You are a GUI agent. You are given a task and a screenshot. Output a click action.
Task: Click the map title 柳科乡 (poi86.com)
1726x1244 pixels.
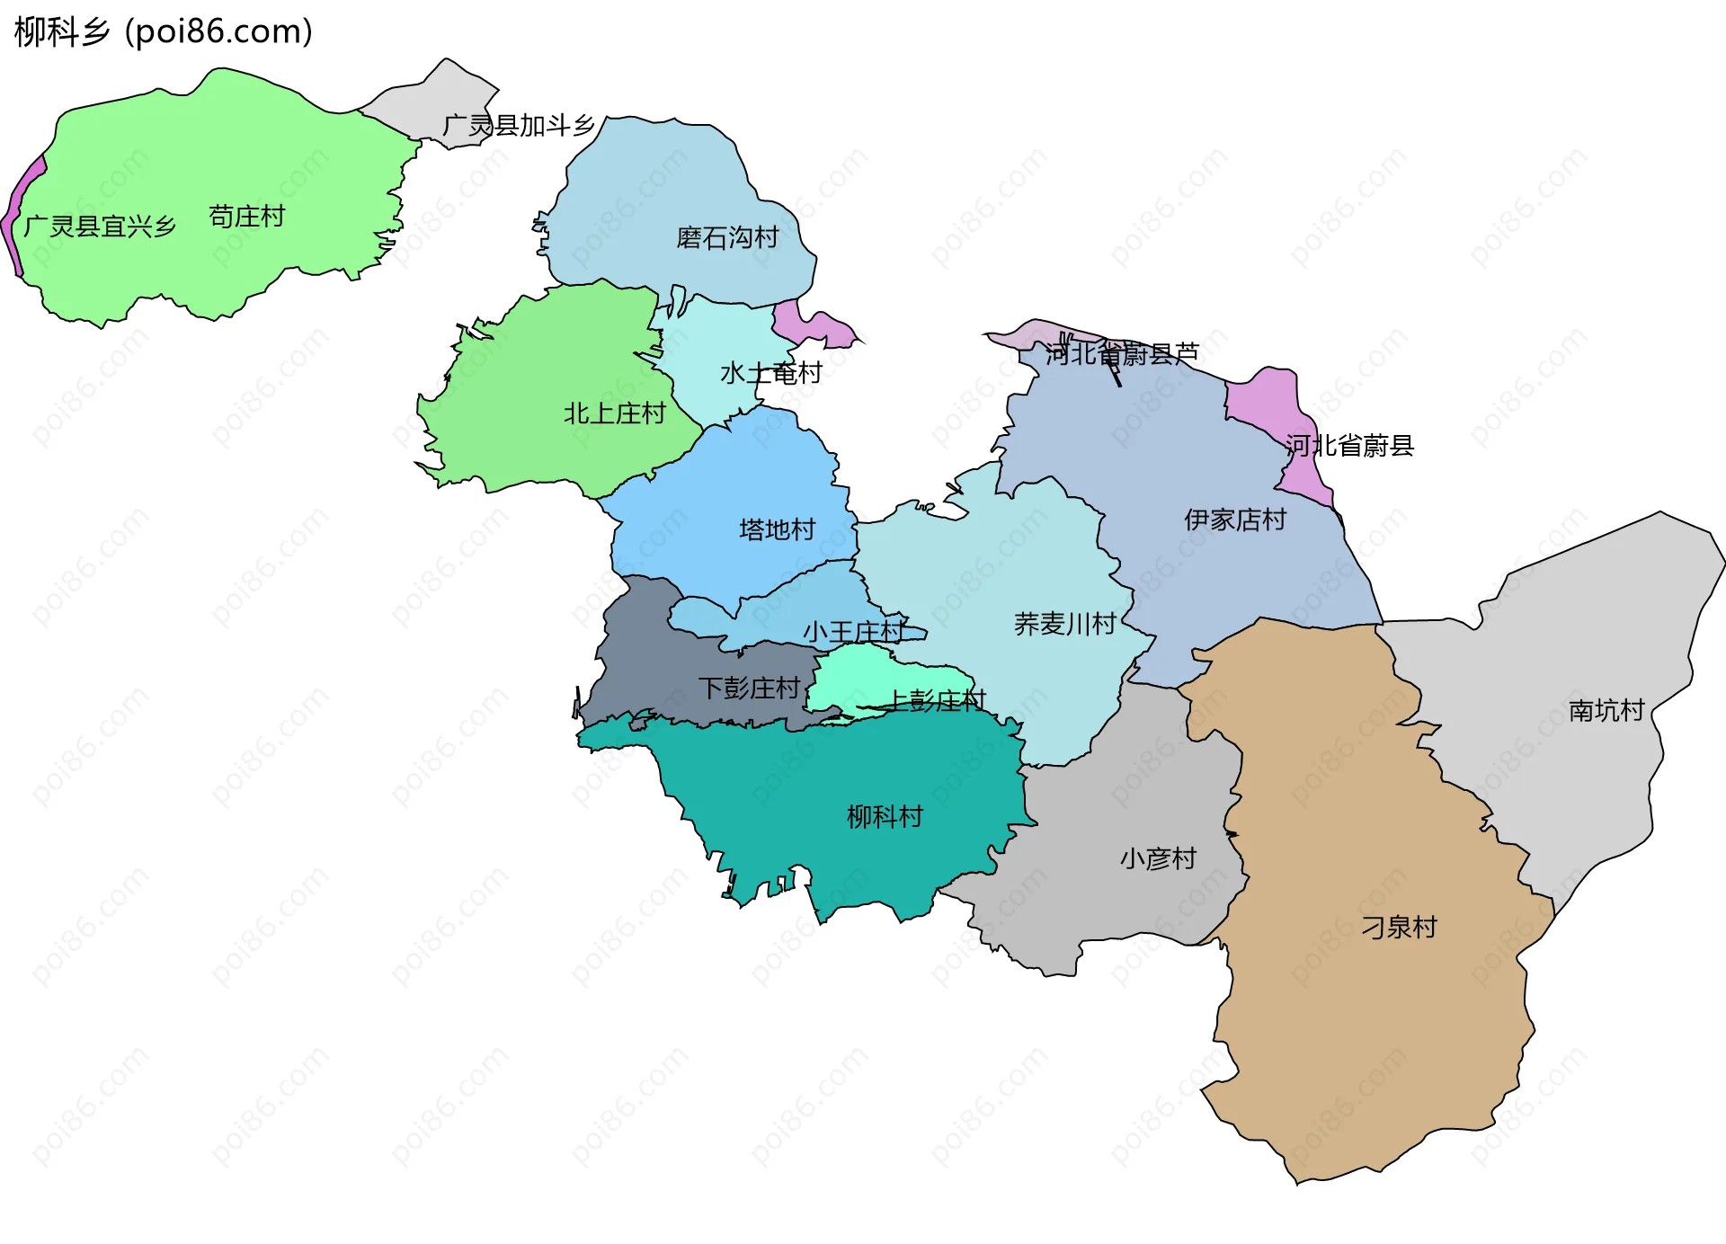(164, 32)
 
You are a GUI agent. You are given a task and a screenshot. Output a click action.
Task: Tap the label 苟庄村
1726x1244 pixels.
(246, 217)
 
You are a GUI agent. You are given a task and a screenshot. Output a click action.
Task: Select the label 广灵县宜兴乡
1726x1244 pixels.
(100, 227)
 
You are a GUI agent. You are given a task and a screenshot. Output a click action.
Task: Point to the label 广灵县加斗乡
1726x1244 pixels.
(519, 126)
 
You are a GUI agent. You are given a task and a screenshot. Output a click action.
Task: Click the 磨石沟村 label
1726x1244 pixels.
(727, 238)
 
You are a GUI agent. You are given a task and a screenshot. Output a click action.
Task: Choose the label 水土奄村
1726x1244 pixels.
(771, 373)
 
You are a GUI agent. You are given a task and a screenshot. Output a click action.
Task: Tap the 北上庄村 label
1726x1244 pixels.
(614, 413)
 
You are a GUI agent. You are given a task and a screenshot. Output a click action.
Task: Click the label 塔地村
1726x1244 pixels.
(777, 529)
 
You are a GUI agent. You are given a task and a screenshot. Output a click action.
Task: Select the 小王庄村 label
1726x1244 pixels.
(854, 632)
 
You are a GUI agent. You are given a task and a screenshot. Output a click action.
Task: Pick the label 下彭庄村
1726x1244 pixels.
(749, 689)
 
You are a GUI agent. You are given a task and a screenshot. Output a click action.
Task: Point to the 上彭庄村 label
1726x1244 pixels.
(937, 700)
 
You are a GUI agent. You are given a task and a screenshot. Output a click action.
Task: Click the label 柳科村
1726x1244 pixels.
(885, 816)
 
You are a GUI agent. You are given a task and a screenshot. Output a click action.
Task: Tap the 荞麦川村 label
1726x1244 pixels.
(1064, 624)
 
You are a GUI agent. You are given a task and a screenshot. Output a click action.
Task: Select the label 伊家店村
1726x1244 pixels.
(1235, 520)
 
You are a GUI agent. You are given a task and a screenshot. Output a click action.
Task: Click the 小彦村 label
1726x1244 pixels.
(1158, 858)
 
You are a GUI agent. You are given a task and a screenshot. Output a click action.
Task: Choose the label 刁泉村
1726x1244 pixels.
(1399, 927)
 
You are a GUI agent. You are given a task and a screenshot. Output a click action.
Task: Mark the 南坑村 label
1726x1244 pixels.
(1606, 711)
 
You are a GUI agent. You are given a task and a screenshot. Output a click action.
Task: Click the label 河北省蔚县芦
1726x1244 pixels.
(1122, 354)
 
